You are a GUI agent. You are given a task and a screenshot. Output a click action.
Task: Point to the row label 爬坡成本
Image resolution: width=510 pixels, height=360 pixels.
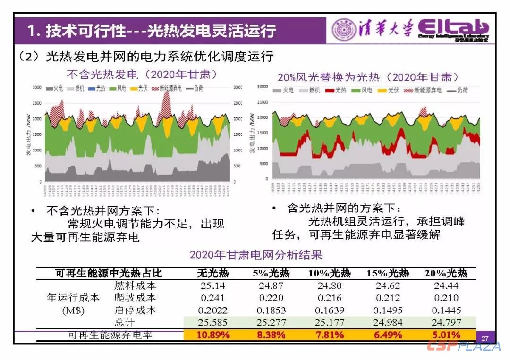[135, 298]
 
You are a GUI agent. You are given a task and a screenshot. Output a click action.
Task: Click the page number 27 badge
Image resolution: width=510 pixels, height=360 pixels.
[485, 338]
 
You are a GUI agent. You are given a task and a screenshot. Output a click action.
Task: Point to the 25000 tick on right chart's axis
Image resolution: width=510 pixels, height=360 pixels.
[263, 102]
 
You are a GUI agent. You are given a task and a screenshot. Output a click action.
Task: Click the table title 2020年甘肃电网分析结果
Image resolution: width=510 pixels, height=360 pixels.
[256, 255]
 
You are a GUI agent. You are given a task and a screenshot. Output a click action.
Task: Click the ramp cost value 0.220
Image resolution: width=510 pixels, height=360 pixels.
[271, 298]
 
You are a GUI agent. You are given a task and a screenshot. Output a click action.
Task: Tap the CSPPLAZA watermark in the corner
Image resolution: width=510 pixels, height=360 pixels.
[464, 346]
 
